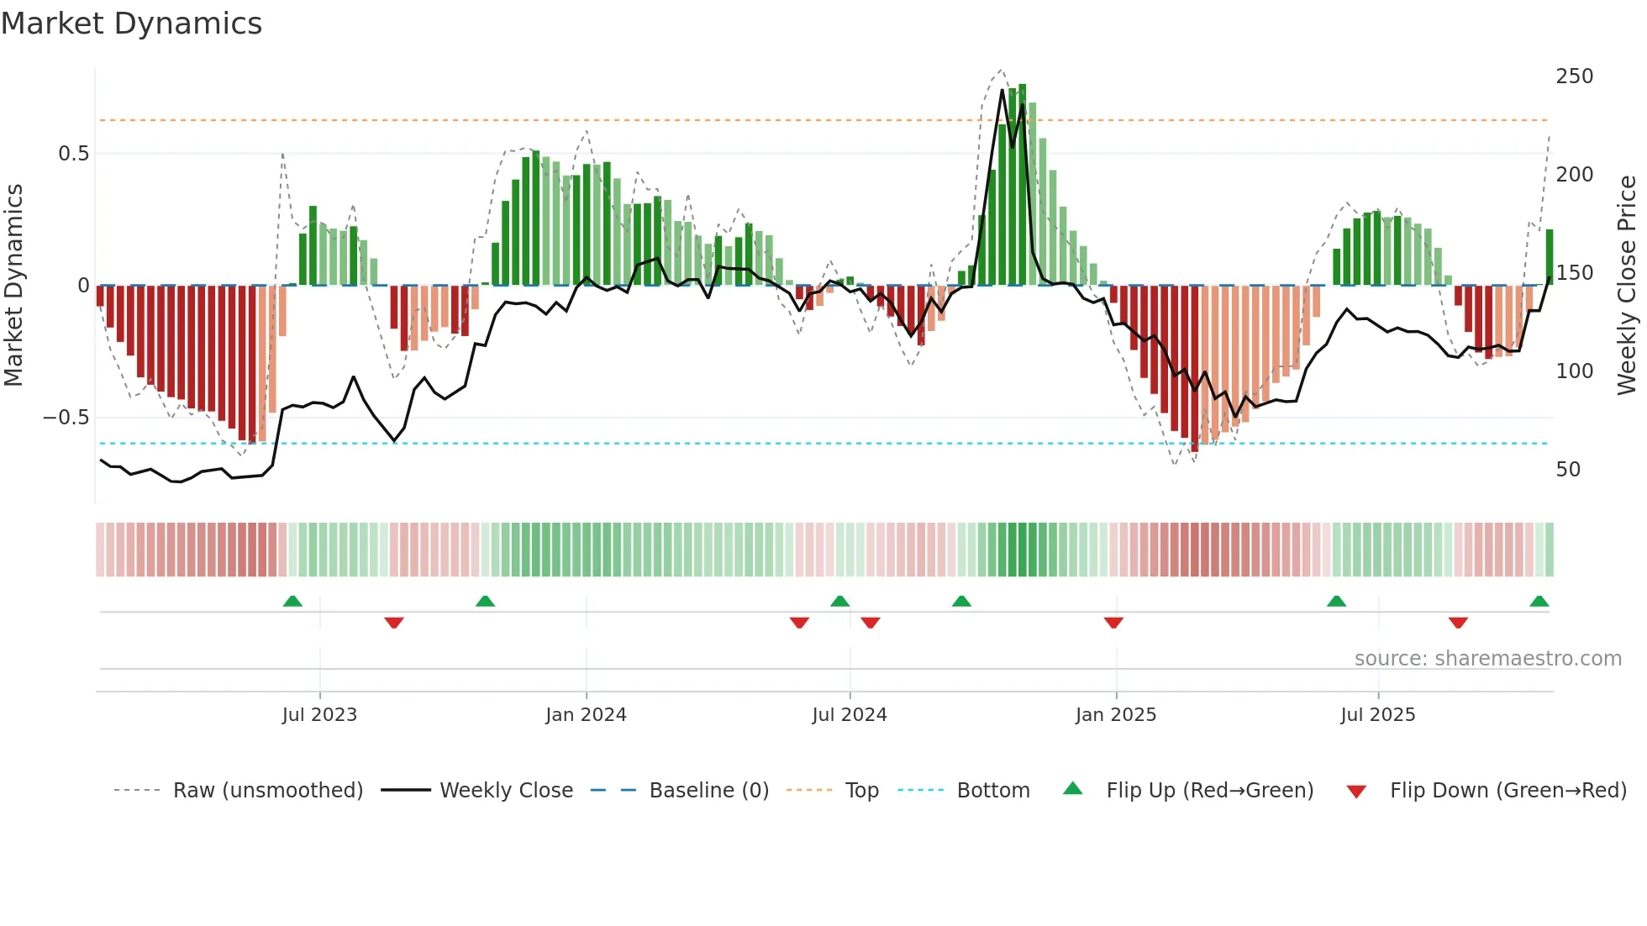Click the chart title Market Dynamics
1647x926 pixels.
[131, 24]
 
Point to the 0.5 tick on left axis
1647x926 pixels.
[73, 154]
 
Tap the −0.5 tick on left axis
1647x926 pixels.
[66, 418]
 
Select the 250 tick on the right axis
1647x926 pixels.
[1574, 76]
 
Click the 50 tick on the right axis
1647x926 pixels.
[1567, 470]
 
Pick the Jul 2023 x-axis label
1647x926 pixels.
[319, 715]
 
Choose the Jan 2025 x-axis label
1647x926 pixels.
[1115, 715]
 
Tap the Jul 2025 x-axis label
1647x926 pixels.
[1377, 715]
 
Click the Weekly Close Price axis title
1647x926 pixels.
[1627, 286]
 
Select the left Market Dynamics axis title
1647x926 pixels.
[13, 286]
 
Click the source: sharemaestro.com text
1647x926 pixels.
[1487, 659]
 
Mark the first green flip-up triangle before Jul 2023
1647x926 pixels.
[292, 602]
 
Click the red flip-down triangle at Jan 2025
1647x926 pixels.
[1113, 622]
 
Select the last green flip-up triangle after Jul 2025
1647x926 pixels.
[1539, 602]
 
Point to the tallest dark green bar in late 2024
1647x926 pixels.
[1022, 185]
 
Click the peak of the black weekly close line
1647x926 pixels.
[1002, 90]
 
